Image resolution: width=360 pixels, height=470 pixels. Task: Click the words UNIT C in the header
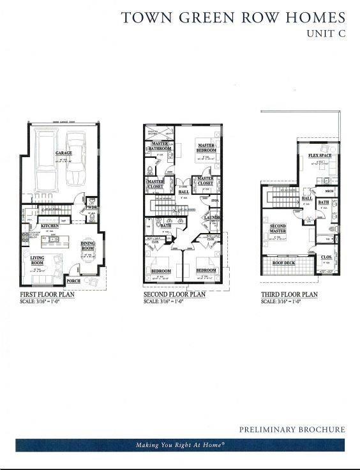[326, 34]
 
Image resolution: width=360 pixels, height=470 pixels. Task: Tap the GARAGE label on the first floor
[63, 153]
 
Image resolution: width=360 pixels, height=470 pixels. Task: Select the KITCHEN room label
[50, 226]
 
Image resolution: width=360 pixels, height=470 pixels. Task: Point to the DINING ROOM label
[87, 246]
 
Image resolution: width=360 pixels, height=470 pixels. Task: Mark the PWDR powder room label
[92, 208]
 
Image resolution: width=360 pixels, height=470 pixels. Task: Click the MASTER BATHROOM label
[159, 146]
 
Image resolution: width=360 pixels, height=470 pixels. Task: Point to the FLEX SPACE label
[319, 156]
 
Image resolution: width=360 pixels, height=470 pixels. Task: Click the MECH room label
[329, 190]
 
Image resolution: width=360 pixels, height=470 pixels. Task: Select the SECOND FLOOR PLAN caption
[174, 295]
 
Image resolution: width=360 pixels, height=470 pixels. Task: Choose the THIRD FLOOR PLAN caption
[289, 295]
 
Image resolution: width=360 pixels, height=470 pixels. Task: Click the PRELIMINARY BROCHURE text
[292, 430]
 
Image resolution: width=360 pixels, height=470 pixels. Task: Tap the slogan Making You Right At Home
[179, 445]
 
